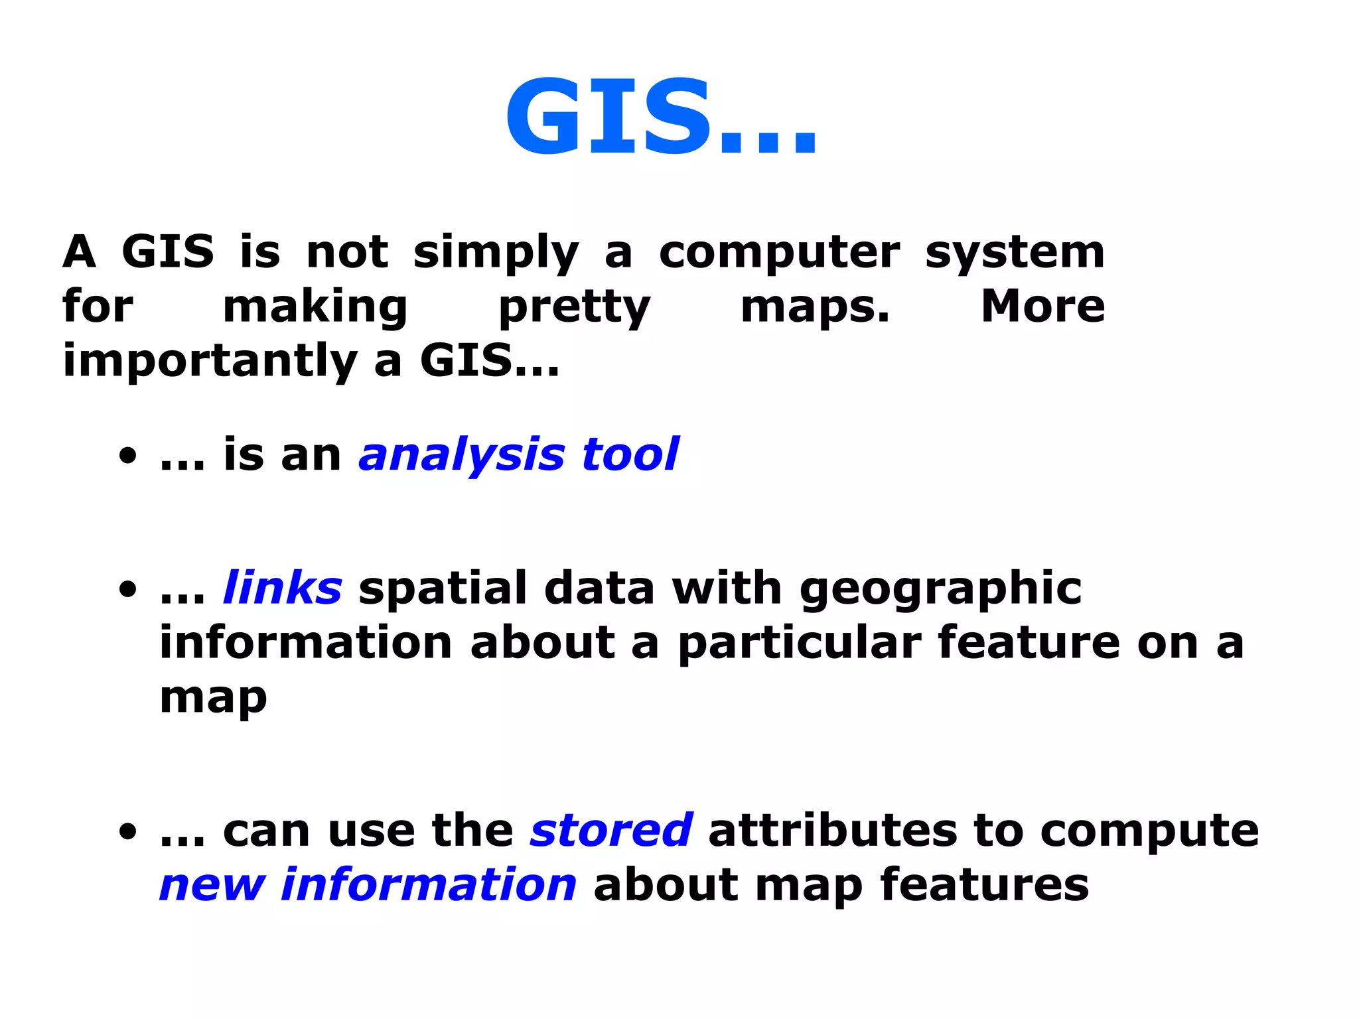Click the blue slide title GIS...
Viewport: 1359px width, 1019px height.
(x=660, y=118)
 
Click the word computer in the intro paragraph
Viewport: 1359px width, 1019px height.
(x=780, y=253)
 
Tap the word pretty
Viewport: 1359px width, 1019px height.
(x=575, y=308)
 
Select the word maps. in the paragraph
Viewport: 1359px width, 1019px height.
(x=815, y=307)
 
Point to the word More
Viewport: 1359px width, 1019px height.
(x=1042, y=306)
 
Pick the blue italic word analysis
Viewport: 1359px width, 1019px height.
(x=462, y=456)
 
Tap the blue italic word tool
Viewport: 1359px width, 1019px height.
(x=630, y=455)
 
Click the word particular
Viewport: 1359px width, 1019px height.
(x=799, y=644)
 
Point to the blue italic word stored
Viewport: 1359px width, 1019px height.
(x=611, y=831)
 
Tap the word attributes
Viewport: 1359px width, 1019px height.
(x=833, y=831)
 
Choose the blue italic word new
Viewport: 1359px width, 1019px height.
(x=212, y=886)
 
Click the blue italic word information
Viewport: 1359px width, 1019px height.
(x=429, y=885)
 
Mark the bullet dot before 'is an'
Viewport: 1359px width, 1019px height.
(x=128, y=456)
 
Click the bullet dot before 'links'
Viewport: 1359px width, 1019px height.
(x=128, y=589)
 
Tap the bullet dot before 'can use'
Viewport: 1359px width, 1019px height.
(x=128, y=831)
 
